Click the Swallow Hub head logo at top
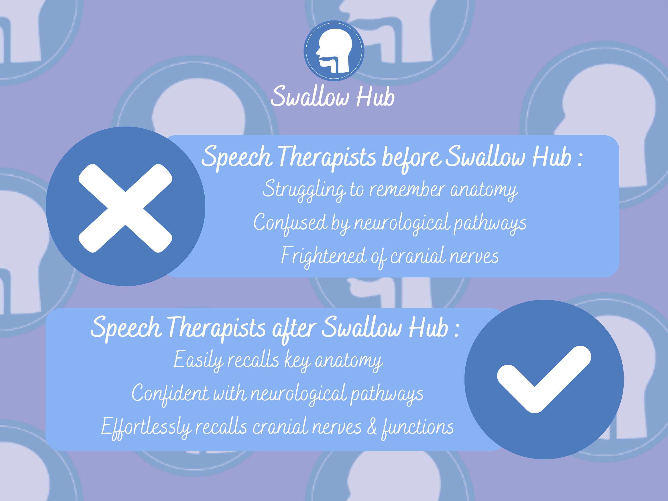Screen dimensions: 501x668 tap(334, 51)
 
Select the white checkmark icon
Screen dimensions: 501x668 tap(544, 379)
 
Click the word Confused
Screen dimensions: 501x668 tap(290, 223)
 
